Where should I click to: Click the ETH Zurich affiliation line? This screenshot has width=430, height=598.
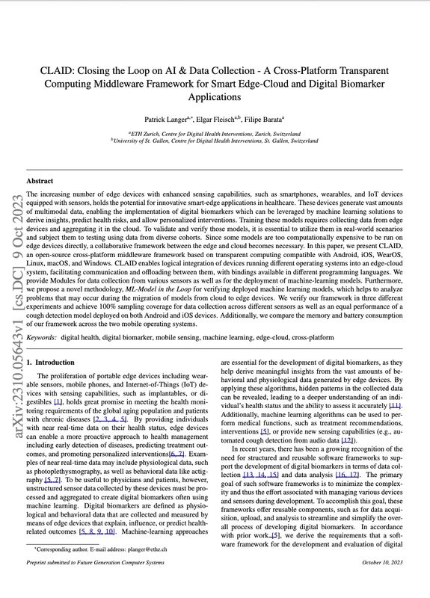pos(215,132)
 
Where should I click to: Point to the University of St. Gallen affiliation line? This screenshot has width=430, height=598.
pos(215,140)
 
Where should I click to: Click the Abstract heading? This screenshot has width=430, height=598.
pos(40,181)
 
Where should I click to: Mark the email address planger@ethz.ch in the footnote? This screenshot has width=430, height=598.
pos(136,570)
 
